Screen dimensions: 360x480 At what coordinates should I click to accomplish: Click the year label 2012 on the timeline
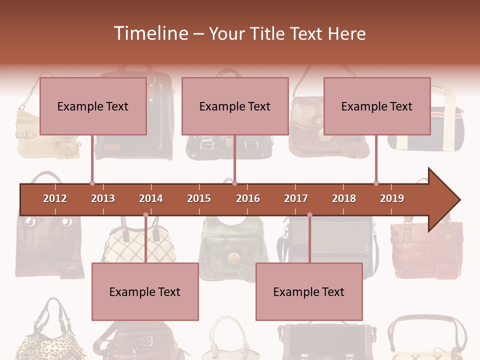point(55,198)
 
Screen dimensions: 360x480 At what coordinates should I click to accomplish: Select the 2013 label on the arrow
point(103,198)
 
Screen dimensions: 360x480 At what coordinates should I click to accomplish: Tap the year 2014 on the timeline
point(151,198)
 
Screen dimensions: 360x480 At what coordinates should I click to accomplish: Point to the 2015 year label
point(199,198)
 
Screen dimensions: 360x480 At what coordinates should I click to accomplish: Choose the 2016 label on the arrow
point(248,198)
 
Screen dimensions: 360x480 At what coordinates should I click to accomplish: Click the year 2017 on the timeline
point(296,198)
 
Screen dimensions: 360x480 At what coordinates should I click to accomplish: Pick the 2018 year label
point(344,198)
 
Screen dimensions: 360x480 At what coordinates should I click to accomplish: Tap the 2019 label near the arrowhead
point(392,198)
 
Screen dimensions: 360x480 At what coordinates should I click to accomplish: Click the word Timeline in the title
point(150,33)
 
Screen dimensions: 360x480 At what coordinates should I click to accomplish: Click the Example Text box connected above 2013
point(93,106)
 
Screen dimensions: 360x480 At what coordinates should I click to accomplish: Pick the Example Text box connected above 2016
point(235,106)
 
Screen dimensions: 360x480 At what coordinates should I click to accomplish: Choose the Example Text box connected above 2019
point(377,106)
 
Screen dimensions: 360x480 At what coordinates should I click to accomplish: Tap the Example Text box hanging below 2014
point(145,291)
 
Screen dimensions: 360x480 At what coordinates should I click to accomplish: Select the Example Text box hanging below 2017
point(309,291)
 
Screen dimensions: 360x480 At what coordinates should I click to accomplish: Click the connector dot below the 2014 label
point(145,215)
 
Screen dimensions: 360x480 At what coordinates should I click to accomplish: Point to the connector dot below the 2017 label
point(309,215)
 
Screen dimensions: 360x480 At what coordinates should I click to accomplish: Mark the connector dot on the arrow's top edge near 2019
point(376,183)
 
